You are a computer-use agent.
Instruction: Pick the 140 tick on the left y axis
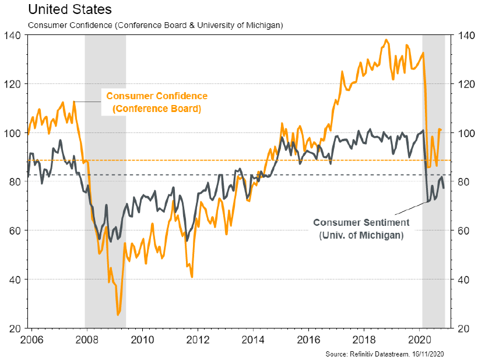coord(13,35)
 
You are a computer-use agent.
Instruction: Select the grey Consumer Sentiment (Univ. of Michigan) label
coord(361,228)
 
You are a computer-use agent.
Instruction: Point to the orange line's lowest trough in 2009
coord(118,314)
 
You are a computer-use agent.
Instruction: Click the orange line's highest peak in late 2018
coord(386,40)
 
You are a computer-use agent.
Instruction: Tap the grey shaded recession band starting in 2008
coord(105,175)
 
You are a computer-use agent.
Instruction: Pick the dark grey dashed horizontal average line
coord(175,174)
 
